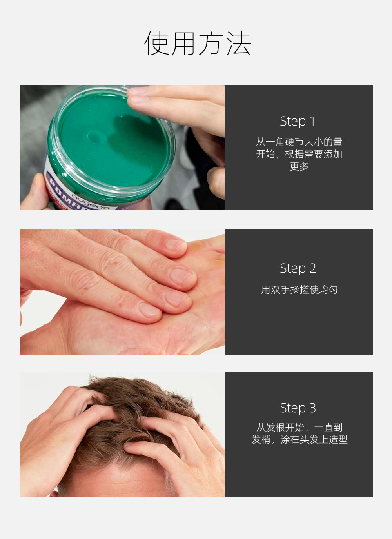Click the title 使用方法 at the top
(x=198, y=43)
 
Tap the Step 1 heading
(x=298, y=121)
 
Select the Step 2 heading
(x=298, y=268)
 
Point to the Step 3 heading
(x=298, y=408)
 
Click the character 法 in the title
(x=239, y=43)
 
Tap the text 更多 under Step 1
(x=299, y=166)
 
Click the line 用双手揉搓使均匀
(x=299, y=290)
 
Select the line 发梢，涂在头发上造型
(x=299, y=439)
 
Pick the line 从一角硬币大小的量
(x=299, y=142)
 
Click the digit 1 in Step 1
(x=312, y=121)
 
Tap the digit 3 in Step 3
(x=312, y=408)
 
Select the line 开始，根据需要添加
(x=299, y=154)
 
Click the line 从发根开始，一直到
(x=299, y=427)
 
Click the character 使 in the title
(x=156, y=43)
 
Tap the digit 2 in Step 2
(x=312, y=268)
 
